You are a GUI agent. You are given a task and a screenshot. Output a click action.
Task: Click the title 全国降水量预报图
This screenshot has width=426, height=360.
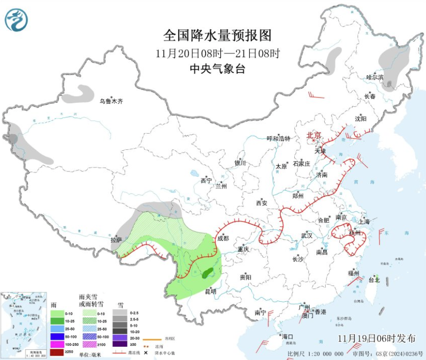[217, 35]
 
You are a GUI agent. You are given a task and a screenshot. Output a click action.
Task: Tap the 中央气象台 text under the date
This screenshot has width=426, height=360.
[217, 69]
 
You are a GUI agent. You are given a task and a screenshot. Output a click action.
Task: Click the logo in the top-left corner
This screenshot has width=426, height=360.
[16, 20]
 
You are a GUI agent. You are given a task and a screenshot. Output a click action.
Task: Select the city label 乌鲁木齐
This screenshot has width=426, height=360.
[111, 101]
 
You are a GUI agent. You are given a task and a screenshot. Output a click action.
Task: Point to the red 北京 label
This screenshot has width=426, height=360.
[313, 135]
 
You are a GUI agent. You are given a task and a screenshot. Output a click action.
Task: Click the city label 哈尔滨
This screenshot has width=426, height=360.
[375, 77]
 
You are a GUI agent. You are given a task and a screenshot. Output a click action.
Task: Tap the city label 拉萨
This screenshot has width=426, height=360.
[116, 240]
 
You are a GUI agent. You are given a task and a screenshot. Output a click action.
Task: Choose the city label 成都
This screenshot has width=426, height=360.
[223, 239]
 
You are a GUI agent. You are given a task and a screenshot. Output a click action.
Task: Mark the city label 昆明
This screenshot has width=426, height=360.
[211, 291]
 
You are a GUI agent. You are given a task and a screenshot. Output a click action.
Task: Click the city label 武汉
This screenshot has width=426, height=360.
[307, 236]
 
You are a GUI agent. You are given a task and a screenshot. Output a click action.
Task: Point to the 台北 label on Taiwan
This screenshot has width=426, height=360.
[374, 280]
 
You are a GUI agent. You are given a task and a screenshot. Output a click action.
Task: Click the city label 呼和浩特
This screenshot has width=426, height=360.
[278, 139]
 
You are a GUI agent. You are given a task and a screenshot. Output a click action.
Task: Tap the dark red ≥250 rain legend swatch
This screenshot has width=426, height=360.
[57, 352]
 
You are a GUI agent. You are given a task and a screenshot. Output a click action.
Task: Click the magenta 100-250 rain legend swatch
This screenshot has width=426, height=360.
[57, 344]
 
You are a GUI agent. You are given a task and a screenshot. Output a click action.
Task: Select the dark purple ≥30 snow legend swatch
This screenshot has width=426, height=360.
[119, 344]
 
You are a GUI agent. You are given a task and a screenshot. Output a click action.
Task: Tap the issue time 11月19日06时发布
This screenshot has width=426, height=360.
[377, 338]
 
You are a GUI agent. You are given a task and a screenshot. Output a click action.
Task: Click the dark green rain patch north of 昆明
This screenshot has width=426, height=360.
[209, 272]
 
